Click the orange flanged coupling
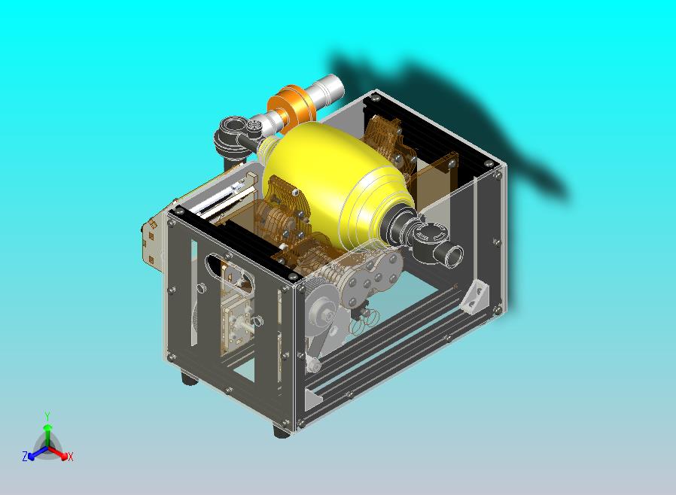(x=290, y=108)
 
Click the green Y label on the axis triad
(x=47, y=416)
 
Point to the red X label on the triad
(x=71, y=457)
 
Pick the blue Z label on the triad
(x=25, y=456)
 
